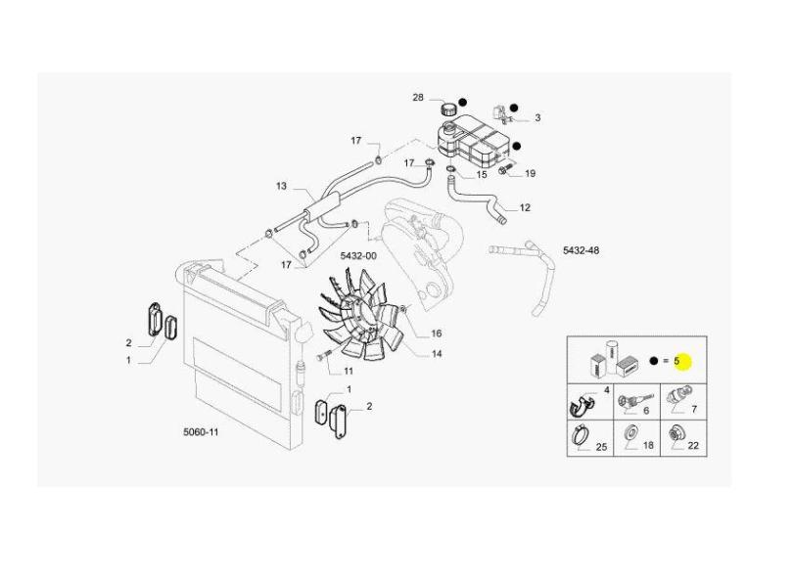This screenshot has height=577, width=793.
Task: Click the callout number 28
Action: (418, 98)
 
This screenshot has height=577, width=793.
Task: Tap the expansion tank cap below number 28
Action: (449, 109)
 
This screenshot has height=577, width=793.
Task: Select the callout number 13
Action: (281, 186)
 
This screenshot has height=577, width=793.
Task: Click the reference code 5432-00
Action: (358, 255)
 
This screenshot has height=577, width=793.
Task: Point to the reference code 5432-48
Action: (582, 250)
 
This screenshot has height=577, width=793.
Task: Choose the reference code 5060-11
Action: (201, 432)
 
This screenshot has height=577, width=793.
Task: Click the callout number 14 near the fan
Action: (437, 354)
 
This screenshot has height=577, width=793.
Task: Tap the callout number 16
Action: (436, 333)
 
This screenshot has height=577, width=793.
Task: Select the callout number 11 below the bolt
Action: (349, 371)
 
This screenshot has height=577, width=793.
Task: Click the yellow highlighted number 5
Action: (676, 361)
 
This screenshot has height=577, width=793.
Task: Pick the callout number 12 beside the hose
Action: (525, 207)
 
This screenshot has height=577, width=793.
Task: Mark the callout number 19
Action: (530, 174)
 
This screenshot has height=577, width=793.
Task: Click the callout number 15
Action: (482, 175)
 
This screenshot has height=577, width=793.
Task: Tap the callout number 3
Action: (537, 117)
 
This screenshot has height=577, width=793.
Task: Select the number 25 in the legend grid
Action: (601, 447)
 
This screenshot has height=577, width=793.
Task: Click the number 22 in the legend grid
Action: (693, 446)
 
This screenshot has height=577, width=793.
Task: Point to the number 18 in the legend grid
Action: (648, 445)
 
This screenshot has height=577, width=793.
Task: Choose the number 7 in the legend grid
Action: (694, 409)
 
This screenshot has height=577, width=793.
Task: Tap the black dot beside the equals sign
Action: (653, 361)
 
